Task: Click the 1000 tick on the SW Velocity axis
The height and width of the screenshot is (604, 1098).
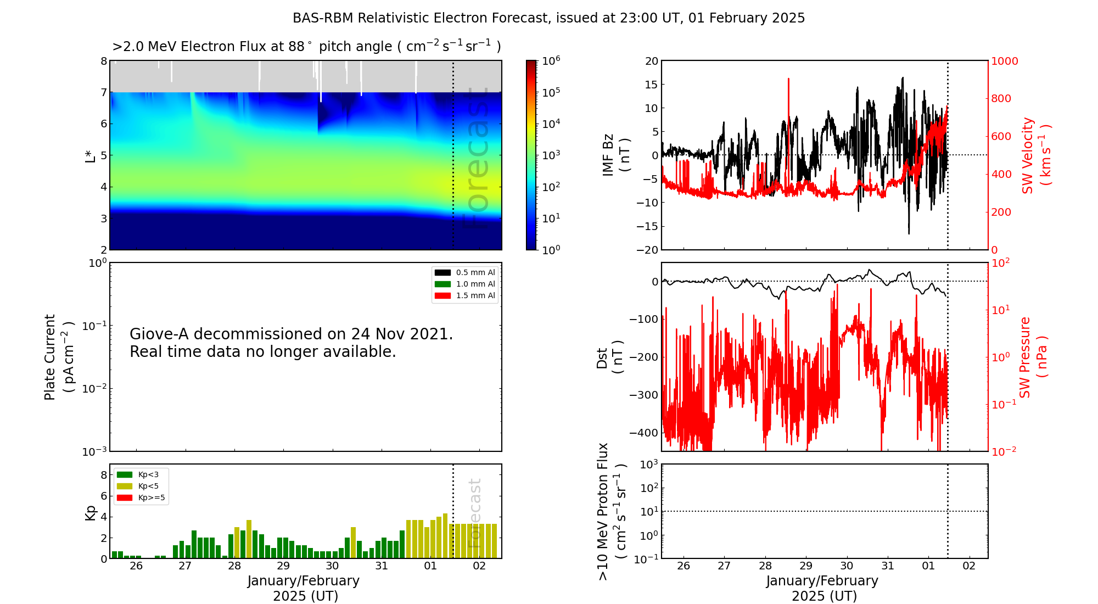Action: (x=1004, y=61)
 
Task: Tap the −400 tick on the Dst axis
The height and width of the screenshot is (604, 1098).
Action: (x=643, y=433)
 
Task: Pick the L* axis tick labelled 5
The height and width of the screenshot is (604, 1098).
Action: (x=103, y=155)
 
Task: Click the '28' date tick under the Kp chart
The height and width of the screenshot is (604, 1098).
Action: (x=234, y=566)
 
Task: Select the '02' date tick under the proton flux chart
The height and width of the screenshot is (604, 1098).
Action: (x=969, y=566)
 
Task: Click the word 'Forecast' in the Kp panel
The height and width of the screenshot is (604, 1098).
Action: (x=475, y=513)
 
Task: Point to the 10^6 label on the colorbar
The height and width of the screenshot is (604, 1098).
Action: (x=551, y=61)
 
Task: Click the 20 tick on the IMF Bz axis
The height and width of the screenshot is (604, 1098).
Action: (x=651, y=61)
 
